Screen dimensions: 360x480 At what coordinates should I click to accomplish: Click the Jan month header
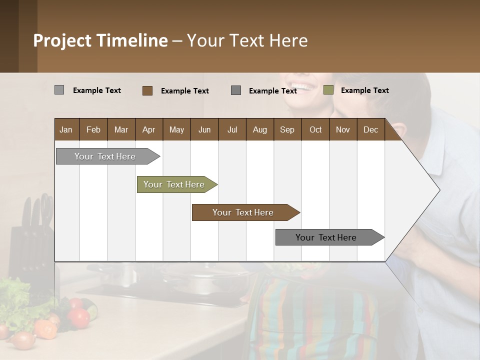(x=66, y=129)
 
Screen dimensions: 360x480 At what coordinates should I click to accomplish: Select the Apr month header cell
(x=148, y=129)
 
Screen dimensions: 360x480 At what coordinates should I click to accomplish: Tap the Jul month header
(x=232, y=129)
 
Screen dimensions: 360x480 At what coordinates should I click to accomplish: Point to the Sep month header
(x=287, y=129)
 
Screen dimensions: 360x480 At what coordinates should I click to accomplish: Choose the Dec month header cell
(x=370, y=129)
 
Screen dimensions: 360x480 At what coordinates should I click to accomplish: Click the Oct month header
(x=315, y=129)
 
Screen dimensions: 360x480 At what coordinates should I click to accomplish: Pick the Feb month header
(x=93, y=129)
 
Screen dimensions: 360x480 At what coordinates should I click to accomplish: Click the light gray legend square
(x=59, y=90)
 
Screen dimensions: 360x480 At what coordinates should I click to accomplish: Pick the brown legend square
(x=147, y=90)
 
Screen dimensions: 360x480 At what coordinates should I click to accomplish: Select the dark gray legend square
(x=236, y=90)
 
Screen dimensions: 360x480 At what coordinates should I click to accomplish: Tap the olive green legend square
(x=328, y=90)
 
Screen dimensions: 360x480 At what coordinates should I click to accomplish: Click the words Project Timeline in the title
(x=100, y=40)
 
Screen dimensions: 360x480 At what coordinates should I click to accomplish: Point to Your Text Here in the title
(x=247, y=40)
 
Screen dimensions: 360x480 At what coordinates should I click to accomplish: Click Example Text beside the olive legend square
(x=364, y=90)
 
